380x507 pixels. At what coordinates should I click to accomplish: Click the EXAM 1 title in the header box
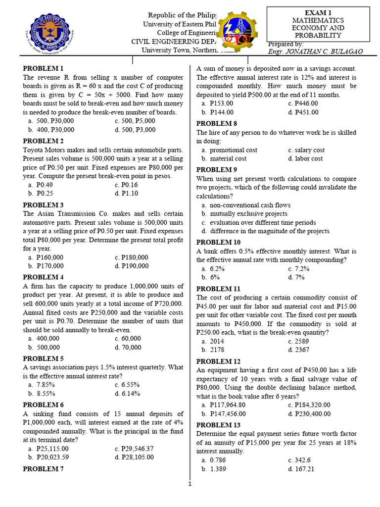pos(318,12)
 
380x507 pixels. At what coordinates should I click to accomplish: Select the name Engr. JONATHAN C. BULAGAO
pos(314,51)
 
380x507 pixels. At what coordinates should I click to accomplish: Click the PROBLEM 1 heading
pos(43,68)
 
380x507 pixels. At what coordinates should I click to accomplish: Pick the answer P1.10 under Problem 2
pos(130,194)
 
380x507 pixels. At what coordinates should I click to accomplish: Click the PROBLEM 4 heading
pos(43,277)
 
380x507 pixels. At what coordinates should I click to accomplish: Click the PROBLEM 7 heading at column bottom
pos(43,469)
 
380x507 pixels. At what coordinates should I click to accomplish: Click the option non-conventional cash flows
pos(250,205)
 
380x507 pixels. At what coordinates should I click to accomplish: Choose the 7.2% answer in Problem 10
pos(302,269)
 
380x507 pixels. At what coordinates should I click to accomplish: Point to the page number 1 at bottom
pos(190,484)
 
